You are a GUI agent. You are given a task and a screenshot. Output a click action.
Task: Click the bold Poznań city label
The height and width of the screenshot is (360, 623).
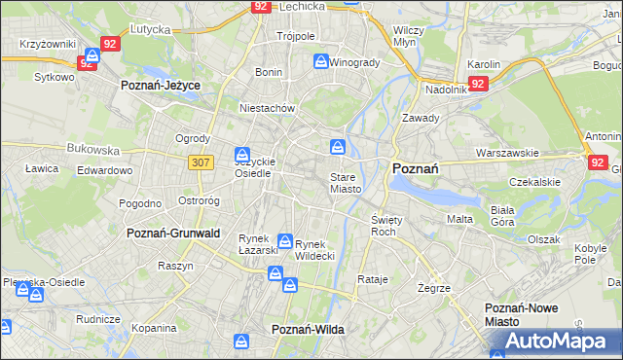(x=415, y=167)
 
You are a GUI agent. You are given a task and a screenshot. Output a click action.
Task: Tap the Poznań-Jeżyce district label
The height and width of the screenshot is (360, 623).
(x=161, y=86)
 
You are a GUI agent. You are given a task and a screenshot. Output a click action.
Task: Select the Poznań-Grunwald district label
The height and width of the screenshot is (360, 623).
(x=173, y=234)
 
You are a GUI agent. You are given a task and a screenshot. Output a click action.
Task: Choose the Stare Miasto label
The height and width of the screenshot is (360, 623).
(x=346, y=183)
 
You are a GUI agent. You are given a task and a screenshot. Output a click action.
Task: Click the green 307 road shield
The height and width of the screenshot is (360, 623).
(x=202, y=162)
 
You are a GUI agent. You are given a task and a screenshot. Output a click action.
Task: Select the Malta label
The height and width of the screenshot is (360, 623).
(x=459, y=219)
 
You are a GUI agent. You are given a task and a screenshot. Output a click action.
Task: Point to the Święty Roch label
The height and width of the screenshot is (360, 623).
(x=386, y=226)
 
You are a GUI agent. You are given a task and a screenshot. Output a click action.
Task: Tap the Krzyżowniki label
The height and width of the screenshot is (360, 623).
(x=48, y=45)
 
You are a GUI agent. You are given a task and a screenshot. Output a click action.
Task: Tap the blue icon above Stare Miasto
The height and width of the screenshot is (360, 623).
(x=337, y=148)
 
